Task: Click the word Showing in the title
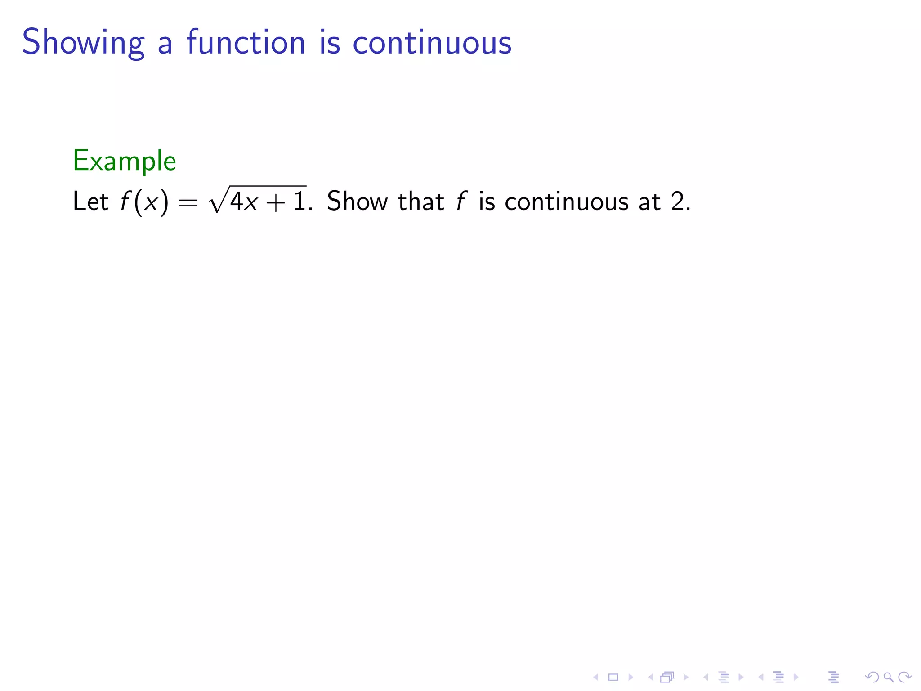coord(83,43)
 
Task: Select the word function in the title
coord(246,43)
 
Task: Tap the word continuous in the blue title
coord(432,43)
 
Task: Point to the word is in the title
coord(330,43)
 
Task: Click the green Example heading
coord(125,161)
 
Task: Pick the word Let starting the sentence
coord(90,201)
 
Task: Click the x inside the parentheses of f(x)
coord(151,202)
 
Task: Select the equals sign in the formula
coord(188,203)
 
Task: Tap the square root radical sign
coord(218,201)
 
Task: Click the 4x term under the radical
coord(244,202)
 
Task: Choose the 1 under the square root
coord(299,201)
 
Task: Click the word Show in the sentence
coord(357,201)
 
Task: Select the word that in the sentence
coord(421,201)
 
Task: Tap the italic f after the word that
coord(461,201)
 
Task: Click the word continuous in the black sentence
coord(567,201)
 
